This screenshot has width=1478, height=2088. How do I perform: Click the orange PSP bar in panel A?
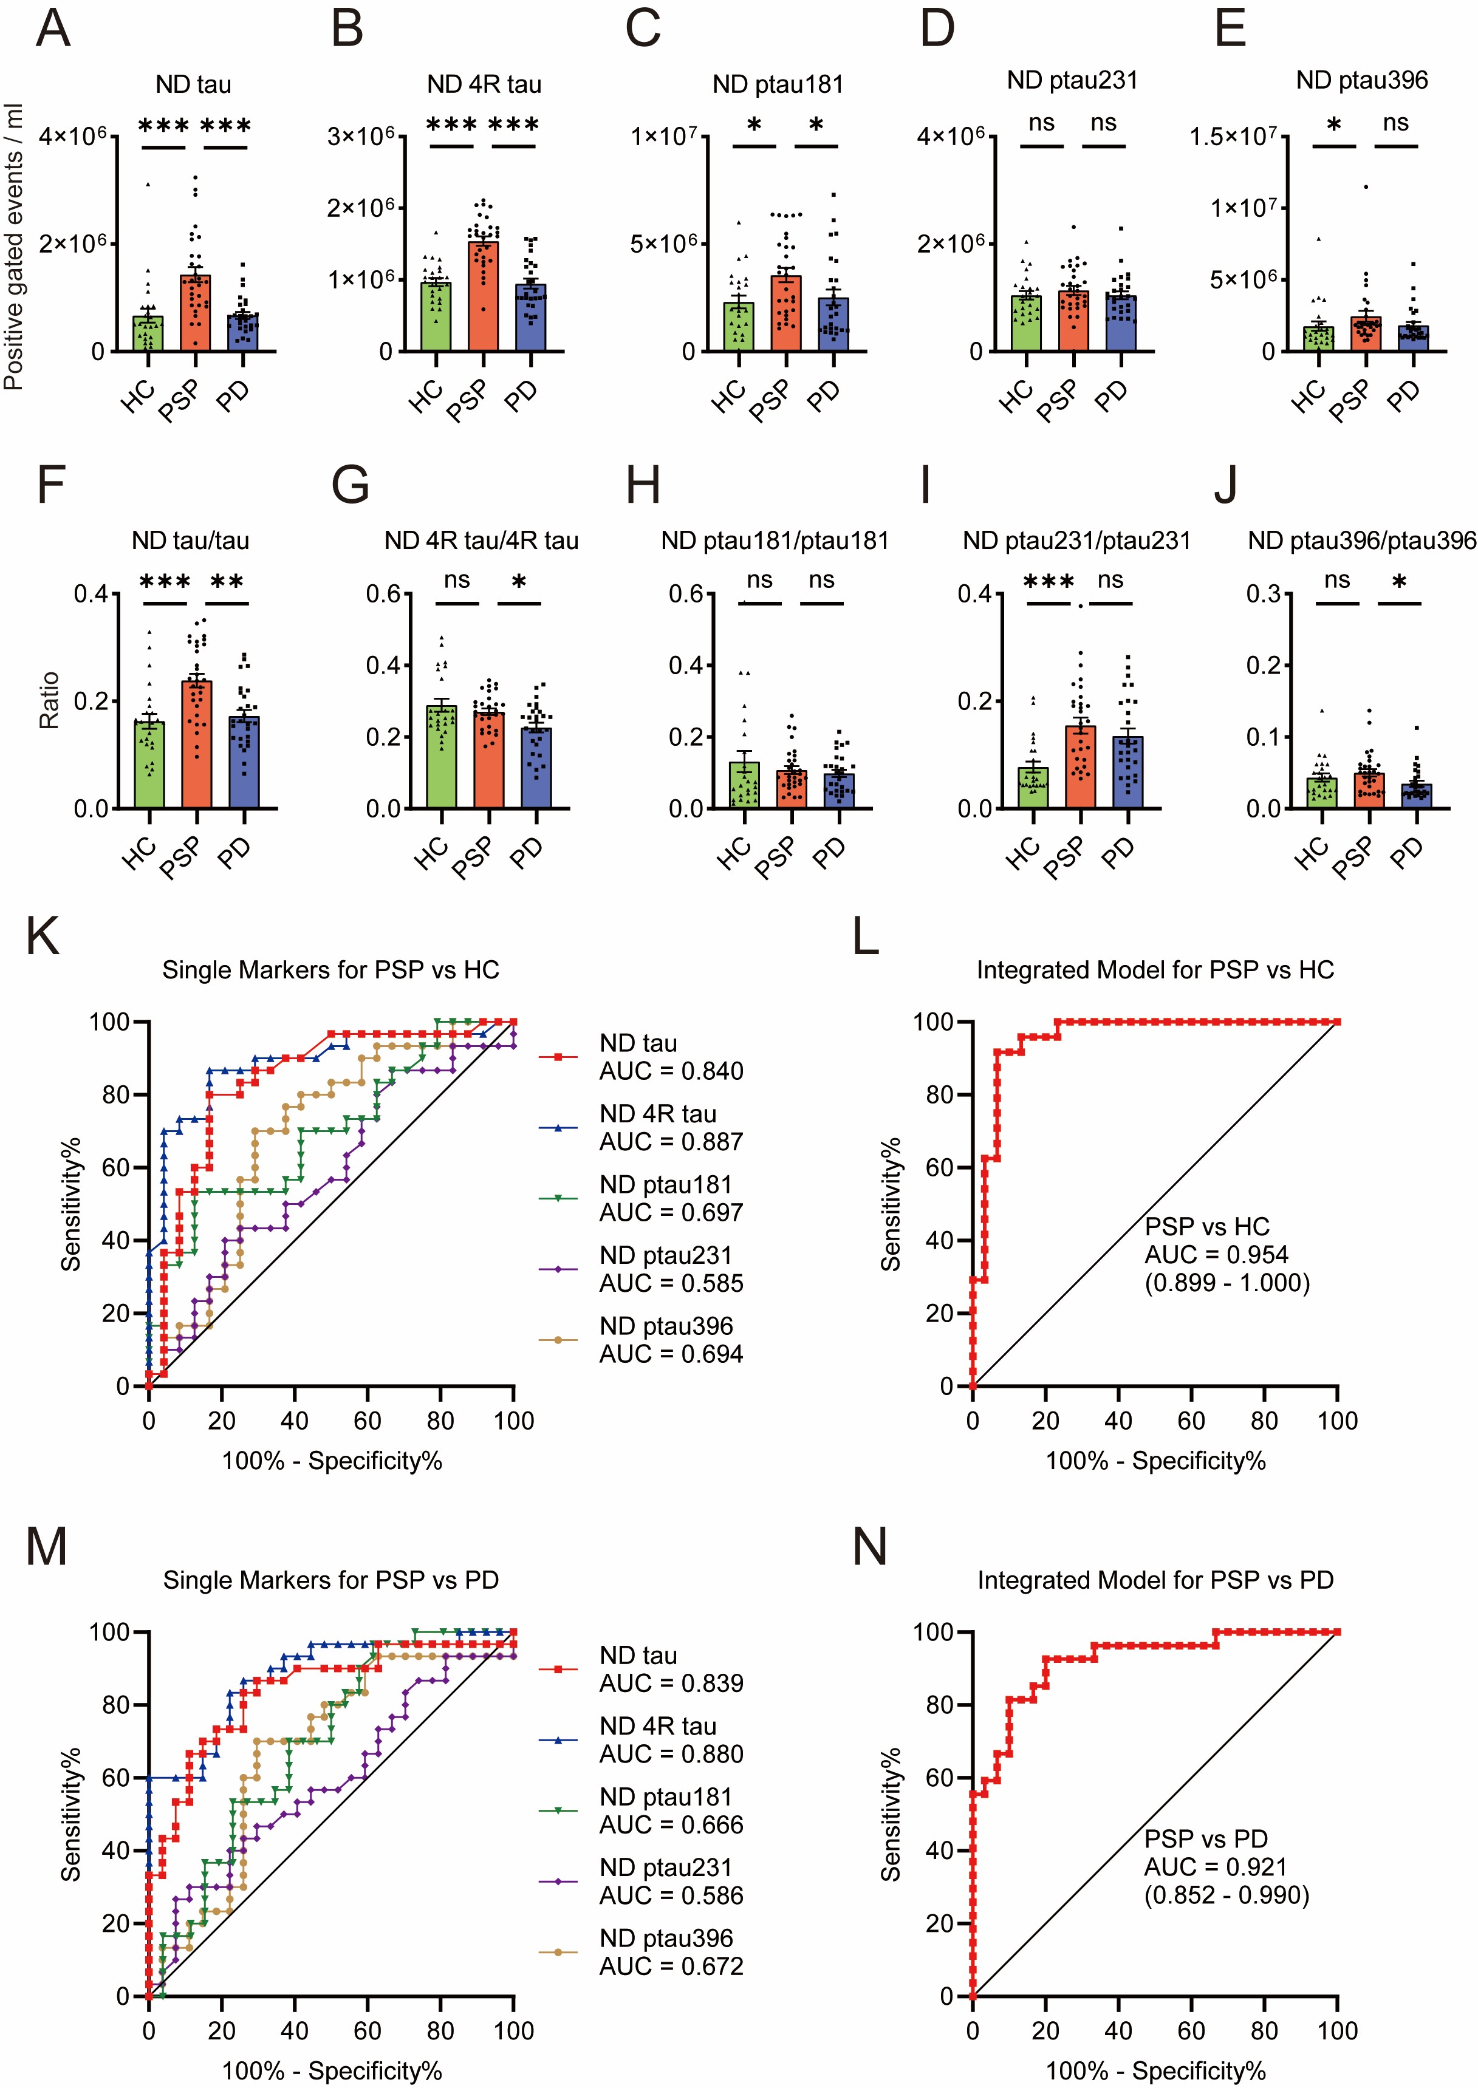click(195, 314)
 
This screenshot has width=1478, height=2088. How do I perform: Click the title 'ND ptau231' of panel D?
click(1072, 81)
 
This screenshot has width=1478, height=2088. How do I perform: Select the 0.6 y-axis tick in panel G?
click(383, 594)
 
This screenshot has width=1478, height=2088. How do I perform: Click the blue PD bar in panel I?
click(1127, 773)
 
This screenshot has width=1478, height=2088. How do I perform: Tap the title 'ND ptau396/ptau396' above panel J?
click(1361, 541)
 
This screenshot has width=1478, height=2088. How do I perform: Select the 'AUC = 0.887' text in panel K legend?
click(671, 1142)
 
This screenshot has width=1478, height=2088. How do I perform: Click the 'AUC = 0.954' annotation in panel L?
click(1216, 1255)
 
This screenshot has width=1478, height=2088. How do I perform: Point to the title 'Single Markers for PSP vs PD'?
click(331, 1580)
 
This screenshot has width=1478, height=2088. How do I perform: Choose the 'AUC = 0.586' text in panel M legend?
click(671, 1896)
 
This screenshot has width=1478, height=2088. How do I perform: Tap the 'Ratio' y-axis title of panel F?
click(49, 700)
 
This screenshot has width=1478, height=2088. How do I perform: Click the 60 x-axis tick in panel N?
click(1191, 2031)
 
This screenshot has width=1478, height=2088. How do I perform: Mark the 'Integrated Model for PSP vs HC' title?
click(1155, 971)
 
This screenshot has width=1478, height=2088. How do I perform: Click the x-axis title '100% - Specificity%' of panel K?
click(331, 1461)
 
